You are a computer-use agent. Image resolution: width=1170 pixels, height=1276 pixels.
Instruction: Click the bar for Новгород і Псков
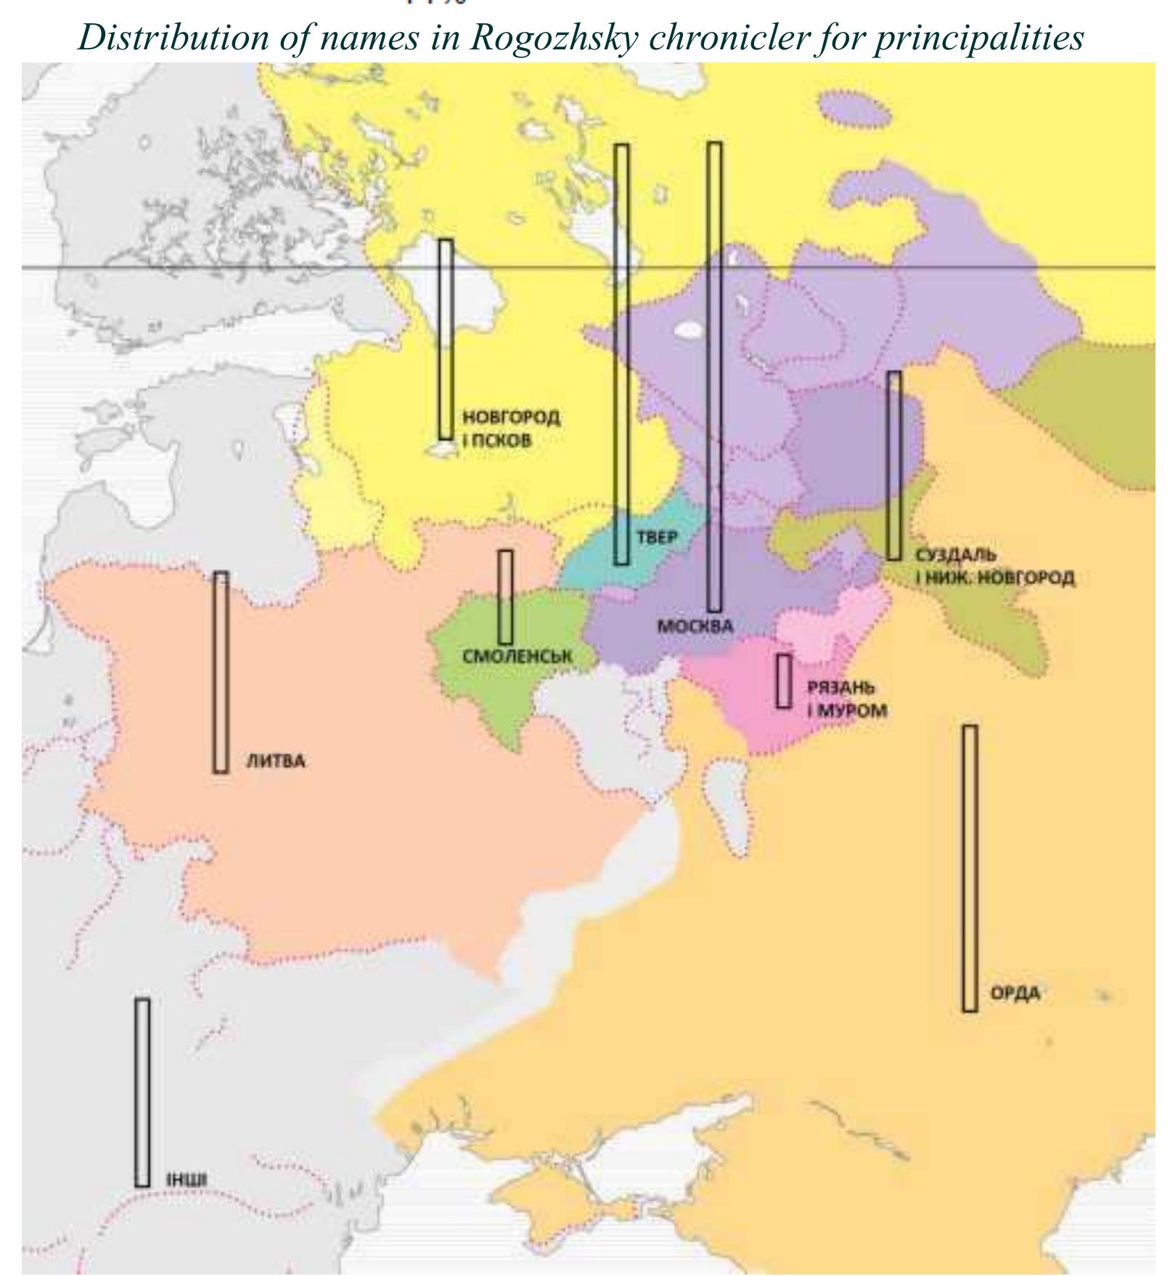click(446, 339)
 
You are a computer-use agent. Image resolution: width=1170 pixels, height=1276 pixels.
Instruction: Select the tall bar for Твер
click(621, 354)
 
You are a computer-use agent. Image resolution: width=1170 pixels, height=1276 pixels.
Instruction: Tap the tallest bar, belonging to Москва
click(714, 376)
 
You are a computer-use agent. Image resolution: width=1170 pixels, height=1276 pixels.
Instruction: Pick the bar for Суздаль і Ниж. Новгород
click(894, 466)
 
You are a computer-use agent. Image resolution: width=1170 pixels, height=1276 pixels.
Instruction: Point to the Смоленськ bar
click(505, 597)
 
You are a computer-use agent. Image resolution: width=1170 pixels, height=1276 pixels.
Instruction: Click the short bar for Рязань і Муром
click(783, 681)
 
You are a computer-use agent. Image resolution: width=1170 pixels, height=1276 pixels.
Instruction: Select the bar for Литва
click(221, 672)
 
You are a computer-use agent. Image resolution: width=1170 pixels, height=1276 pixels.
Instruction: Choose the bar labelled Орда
click(970, 868)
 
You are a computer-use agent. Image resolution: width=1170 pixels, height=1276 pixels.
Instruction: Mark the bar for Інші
click(142, 1093)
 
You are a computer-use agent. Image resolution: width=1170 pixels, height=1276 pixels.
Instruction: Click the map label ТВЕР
click(658, 537)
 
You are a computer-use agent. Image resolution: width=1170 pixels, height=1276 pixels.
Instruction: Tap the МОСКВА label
click(695, 626)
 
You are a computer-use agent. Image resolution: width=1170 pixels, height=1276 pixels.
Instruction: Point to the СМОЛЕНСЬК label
click(517, 657)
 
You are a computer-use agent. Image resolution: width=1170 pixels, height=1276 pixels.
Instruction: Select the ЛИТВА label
click(276, 762)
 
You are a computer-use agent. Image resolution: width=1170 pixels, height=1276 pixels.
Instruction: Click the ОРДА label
click(1015, 993)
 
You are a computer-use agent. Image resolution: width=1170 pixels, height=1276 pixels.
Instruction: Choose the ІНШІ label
click(187, 1180)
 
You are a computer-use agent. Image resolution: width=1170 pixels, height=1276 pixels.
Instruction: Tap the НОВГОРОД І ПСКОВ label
click(510, 428)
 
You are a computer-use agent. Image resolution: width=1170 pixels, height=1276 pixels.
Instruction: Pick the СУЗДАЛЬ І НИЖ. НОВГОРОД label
click(994, 566)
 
